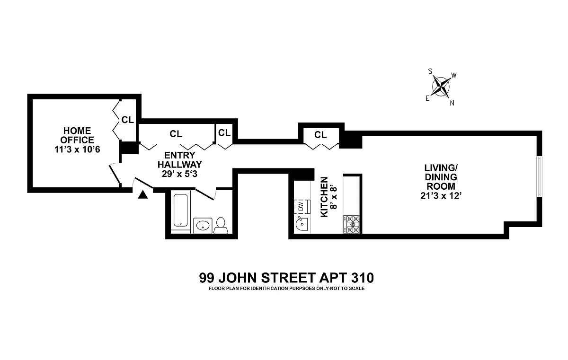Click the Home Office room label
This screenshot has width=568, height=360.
pyautogui.click(x=78, y=140)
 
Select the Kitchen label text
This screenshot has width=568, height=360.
pyautogui.click(x=324, y=197)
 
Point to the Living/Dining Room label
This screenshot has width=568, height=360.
pyautogui.click(x=441, y=182)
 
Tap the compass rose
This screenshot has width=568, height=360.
pyautogui.click(x=441, y=87)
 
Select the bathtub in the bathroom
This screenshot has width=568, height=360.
pyautogui.click(x=180, y=210)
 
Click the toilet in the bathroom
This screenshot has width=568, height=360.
pyautogui.click(x=221, y=225)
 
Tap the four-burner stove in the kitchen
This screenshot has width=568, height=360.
pyautogui.click(x=352, y=224)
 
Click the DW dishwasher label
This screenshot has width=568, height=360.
pyautogui.click(x=300, y=207)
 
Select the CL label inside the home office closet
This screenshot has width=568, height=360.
pyautogui.click(x=127, y=120)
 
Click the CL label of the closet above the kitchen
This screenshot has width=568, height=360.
pyautogui.click(x=320, y=135)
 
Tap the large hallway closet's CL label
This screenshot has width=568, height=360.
pyautogui.click(x=176, y=134)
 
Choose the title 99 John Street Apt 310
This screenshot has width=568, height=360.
pyautogui.click(x=283, y=278)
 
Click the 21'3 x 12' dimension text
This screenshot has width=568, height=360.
pyautogui.click(x=441, y=196)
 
